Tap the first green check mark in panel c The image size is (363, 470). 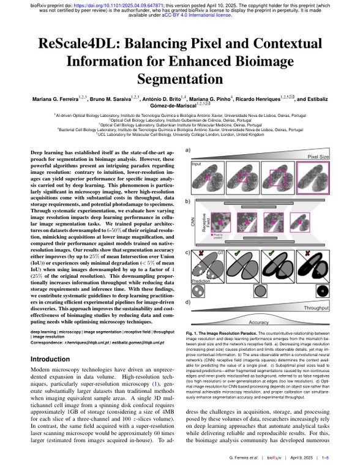pyautogui.click(x=253, y=253)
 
